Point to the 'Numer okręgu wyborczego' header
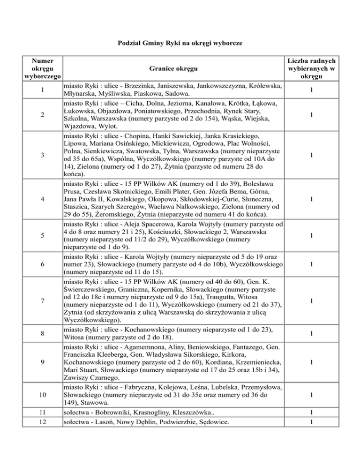41,68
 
